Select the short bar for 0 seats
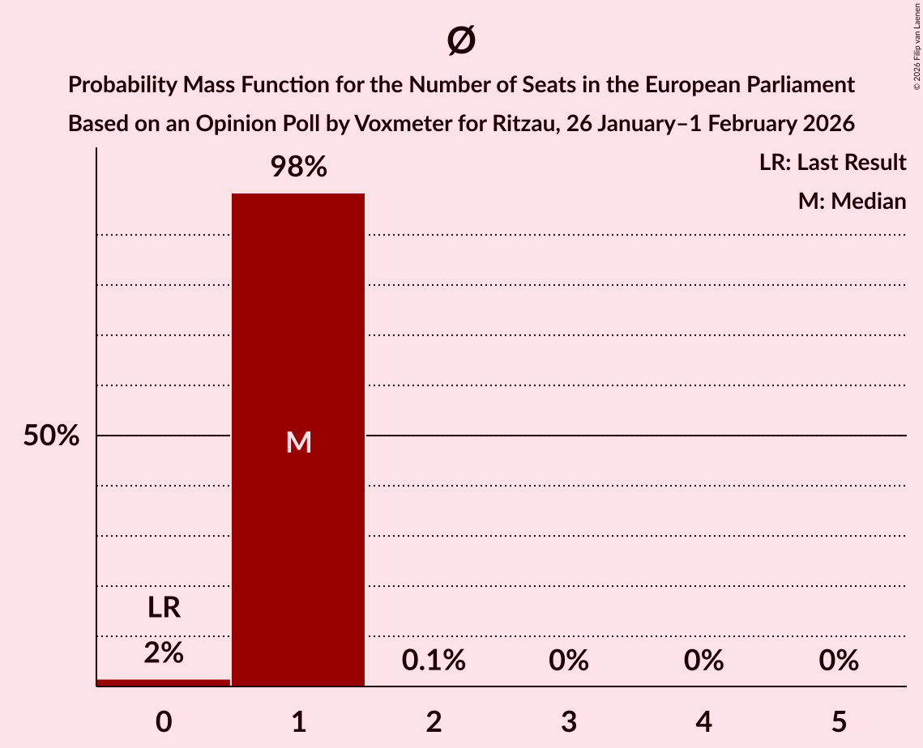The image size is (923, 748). [164, 682]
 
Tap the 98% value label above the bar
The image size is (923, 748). [298, 168]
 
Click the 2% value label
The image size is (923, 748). [164, 652]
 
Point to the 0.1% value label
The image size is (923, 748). [434, 661]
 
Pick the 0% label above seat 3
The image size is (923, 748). [568, 661]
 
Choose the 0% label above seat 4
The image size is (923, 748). [703, 661]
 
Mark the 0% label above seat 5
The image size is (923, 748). [838, 661]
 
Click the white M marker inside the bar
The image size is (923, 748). [298, 442]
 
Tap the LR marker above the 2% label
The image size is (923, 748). [164, 607]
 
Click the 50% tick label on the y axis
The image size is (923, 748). [51, 436]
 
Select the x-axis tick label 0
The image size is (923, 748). [164, 721]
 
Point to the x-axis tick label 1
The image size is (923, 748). [298, 721]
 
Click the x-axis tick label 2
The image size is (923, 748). [434, 721]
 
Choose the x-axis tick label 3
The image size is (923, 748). [568, 721]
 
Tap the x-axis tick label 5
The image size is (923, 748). [838, 721]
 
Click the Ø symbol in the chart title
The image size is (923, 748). [461, 40]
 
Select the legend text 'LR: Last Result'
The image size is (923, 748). [832, 163]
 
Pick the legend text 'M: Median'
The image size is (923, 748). [852, 201]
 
